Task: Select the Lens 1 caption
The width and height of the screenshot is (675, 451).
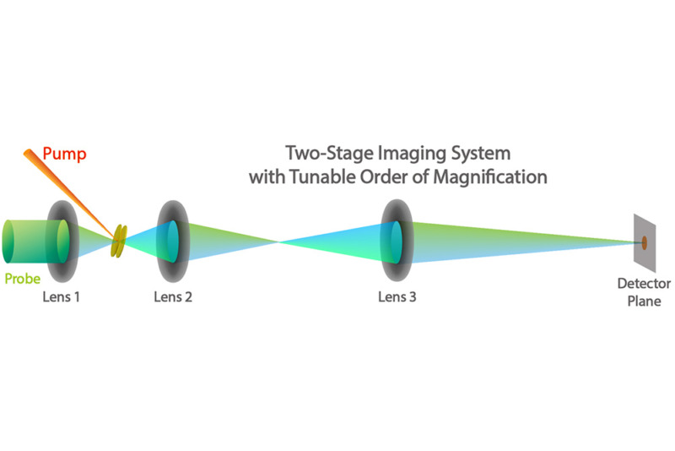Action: (62, 297)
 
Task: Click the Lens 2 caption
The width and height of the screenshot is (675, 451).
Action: (173, 297)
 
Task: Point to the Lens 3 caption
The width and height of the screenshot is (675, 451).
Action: (397, 297)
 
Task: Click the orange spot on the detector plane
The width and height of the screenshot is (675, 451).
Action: (644, 243)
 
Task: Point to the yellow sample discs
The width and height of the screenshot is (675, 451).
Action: (120, 241)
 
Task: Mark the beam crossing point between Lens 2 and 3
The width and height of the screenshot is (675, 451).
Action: (279, 242)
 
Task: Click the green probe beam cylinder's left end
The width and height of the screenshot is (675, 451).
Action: (8, 242)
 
